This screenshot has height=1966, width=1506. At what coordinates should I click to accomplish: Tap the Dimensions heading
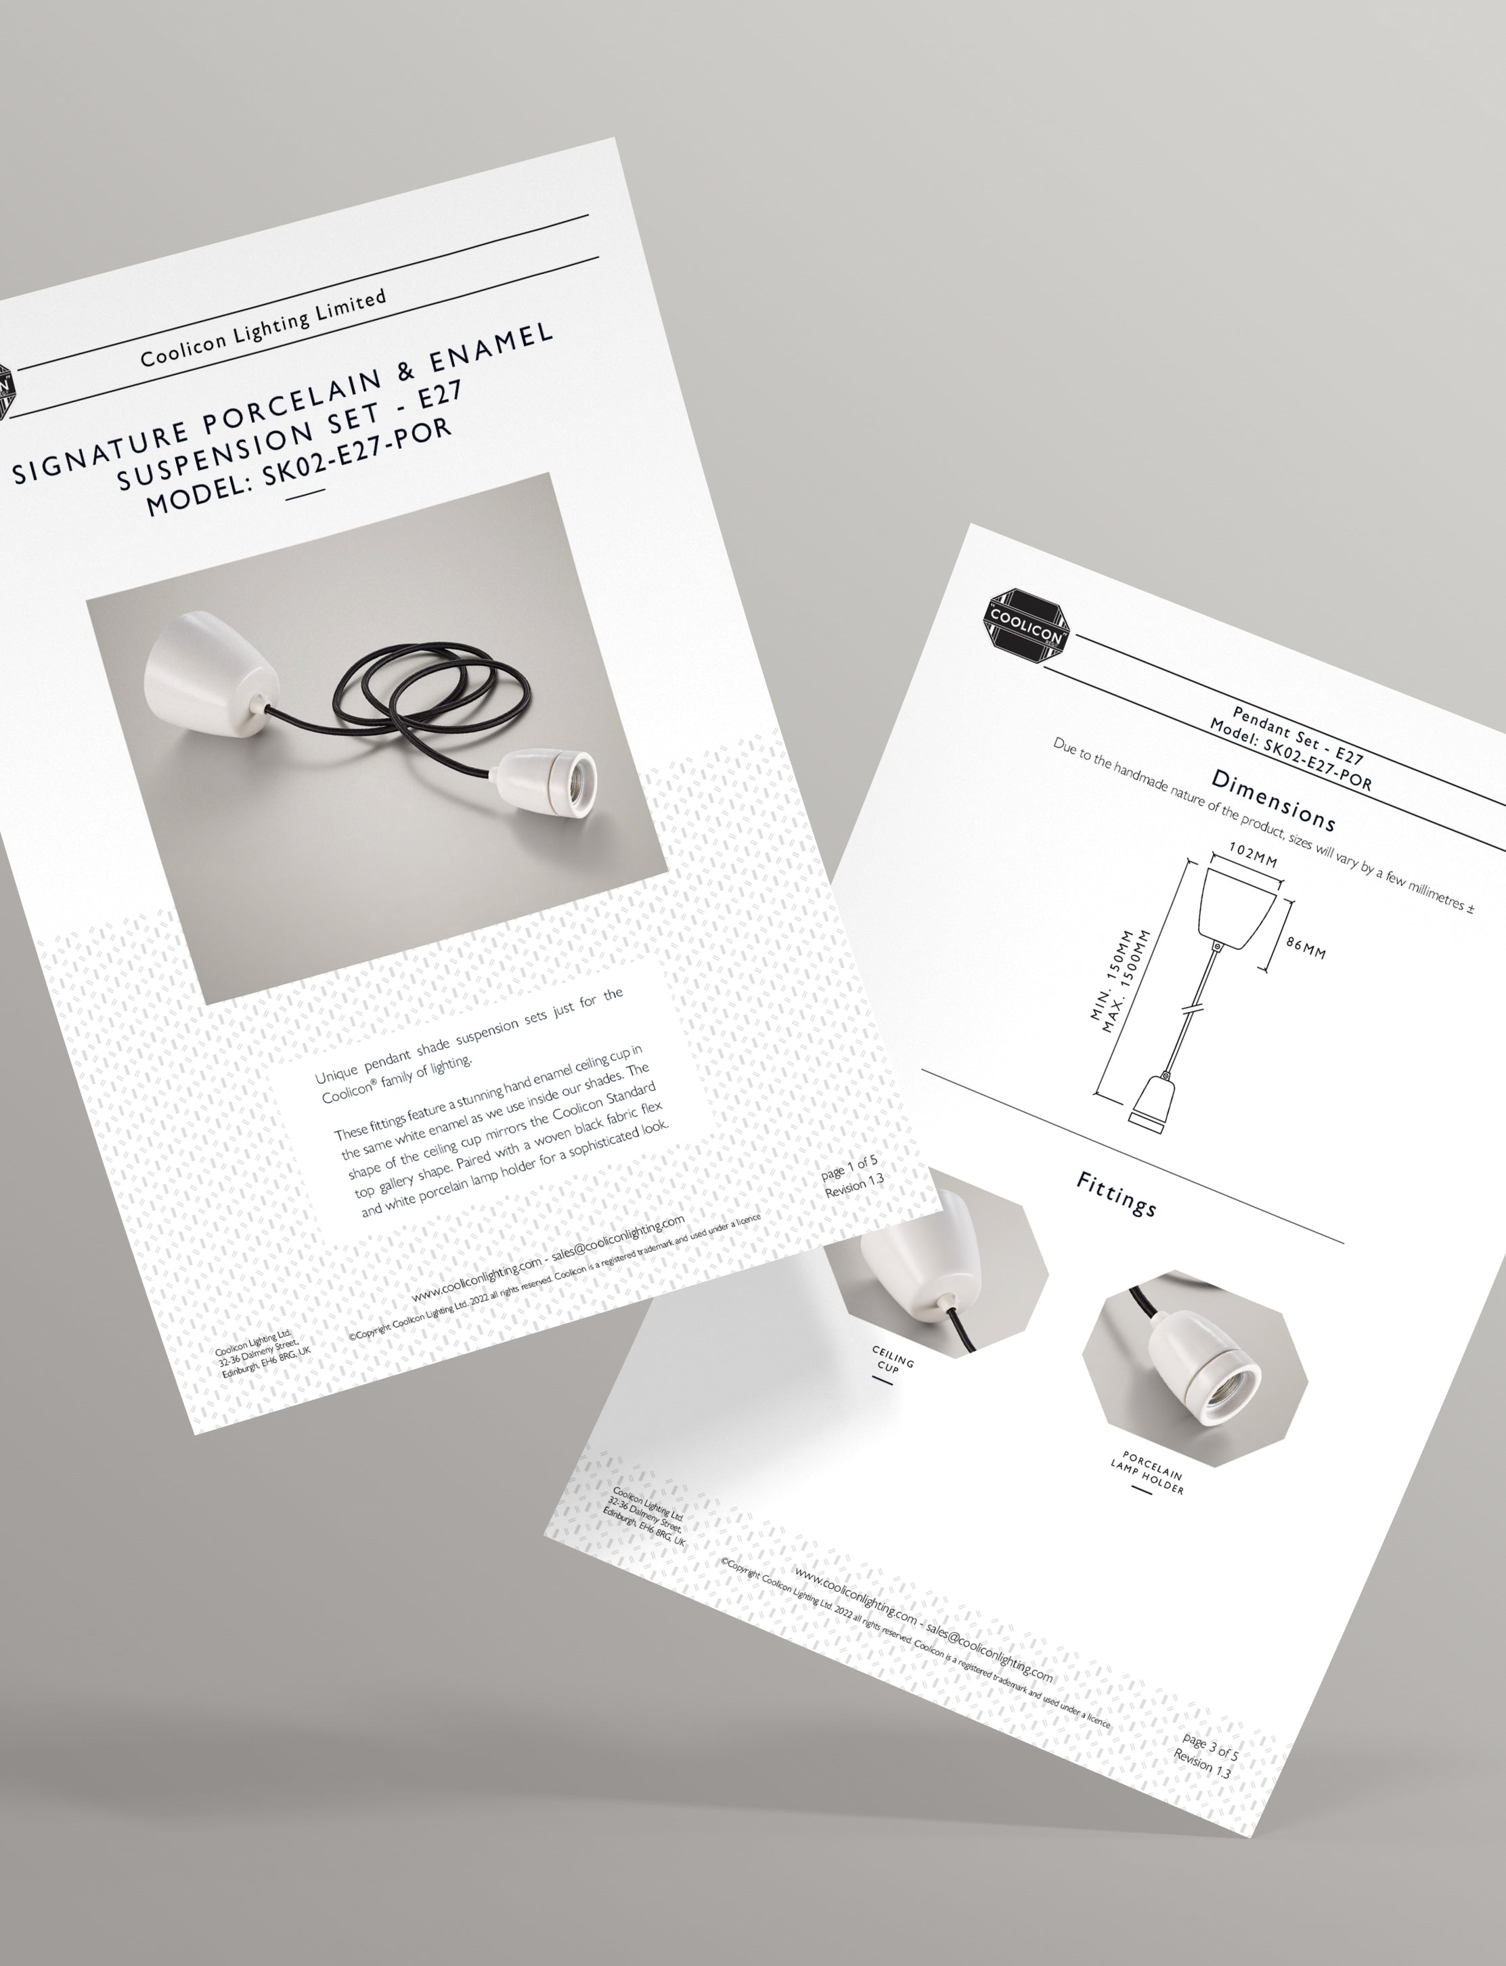coord(1274,800)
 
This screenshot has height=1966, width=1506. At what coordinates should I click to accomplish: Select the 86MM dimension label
coord(1304,952)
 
